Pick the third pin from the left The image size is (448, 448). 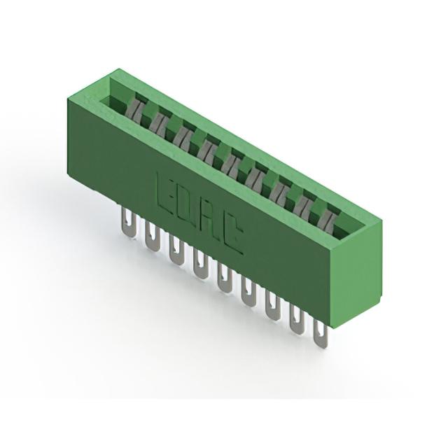(x=176, y=250)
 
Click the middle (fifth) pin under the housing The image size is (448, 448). (x=224, y=278)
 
